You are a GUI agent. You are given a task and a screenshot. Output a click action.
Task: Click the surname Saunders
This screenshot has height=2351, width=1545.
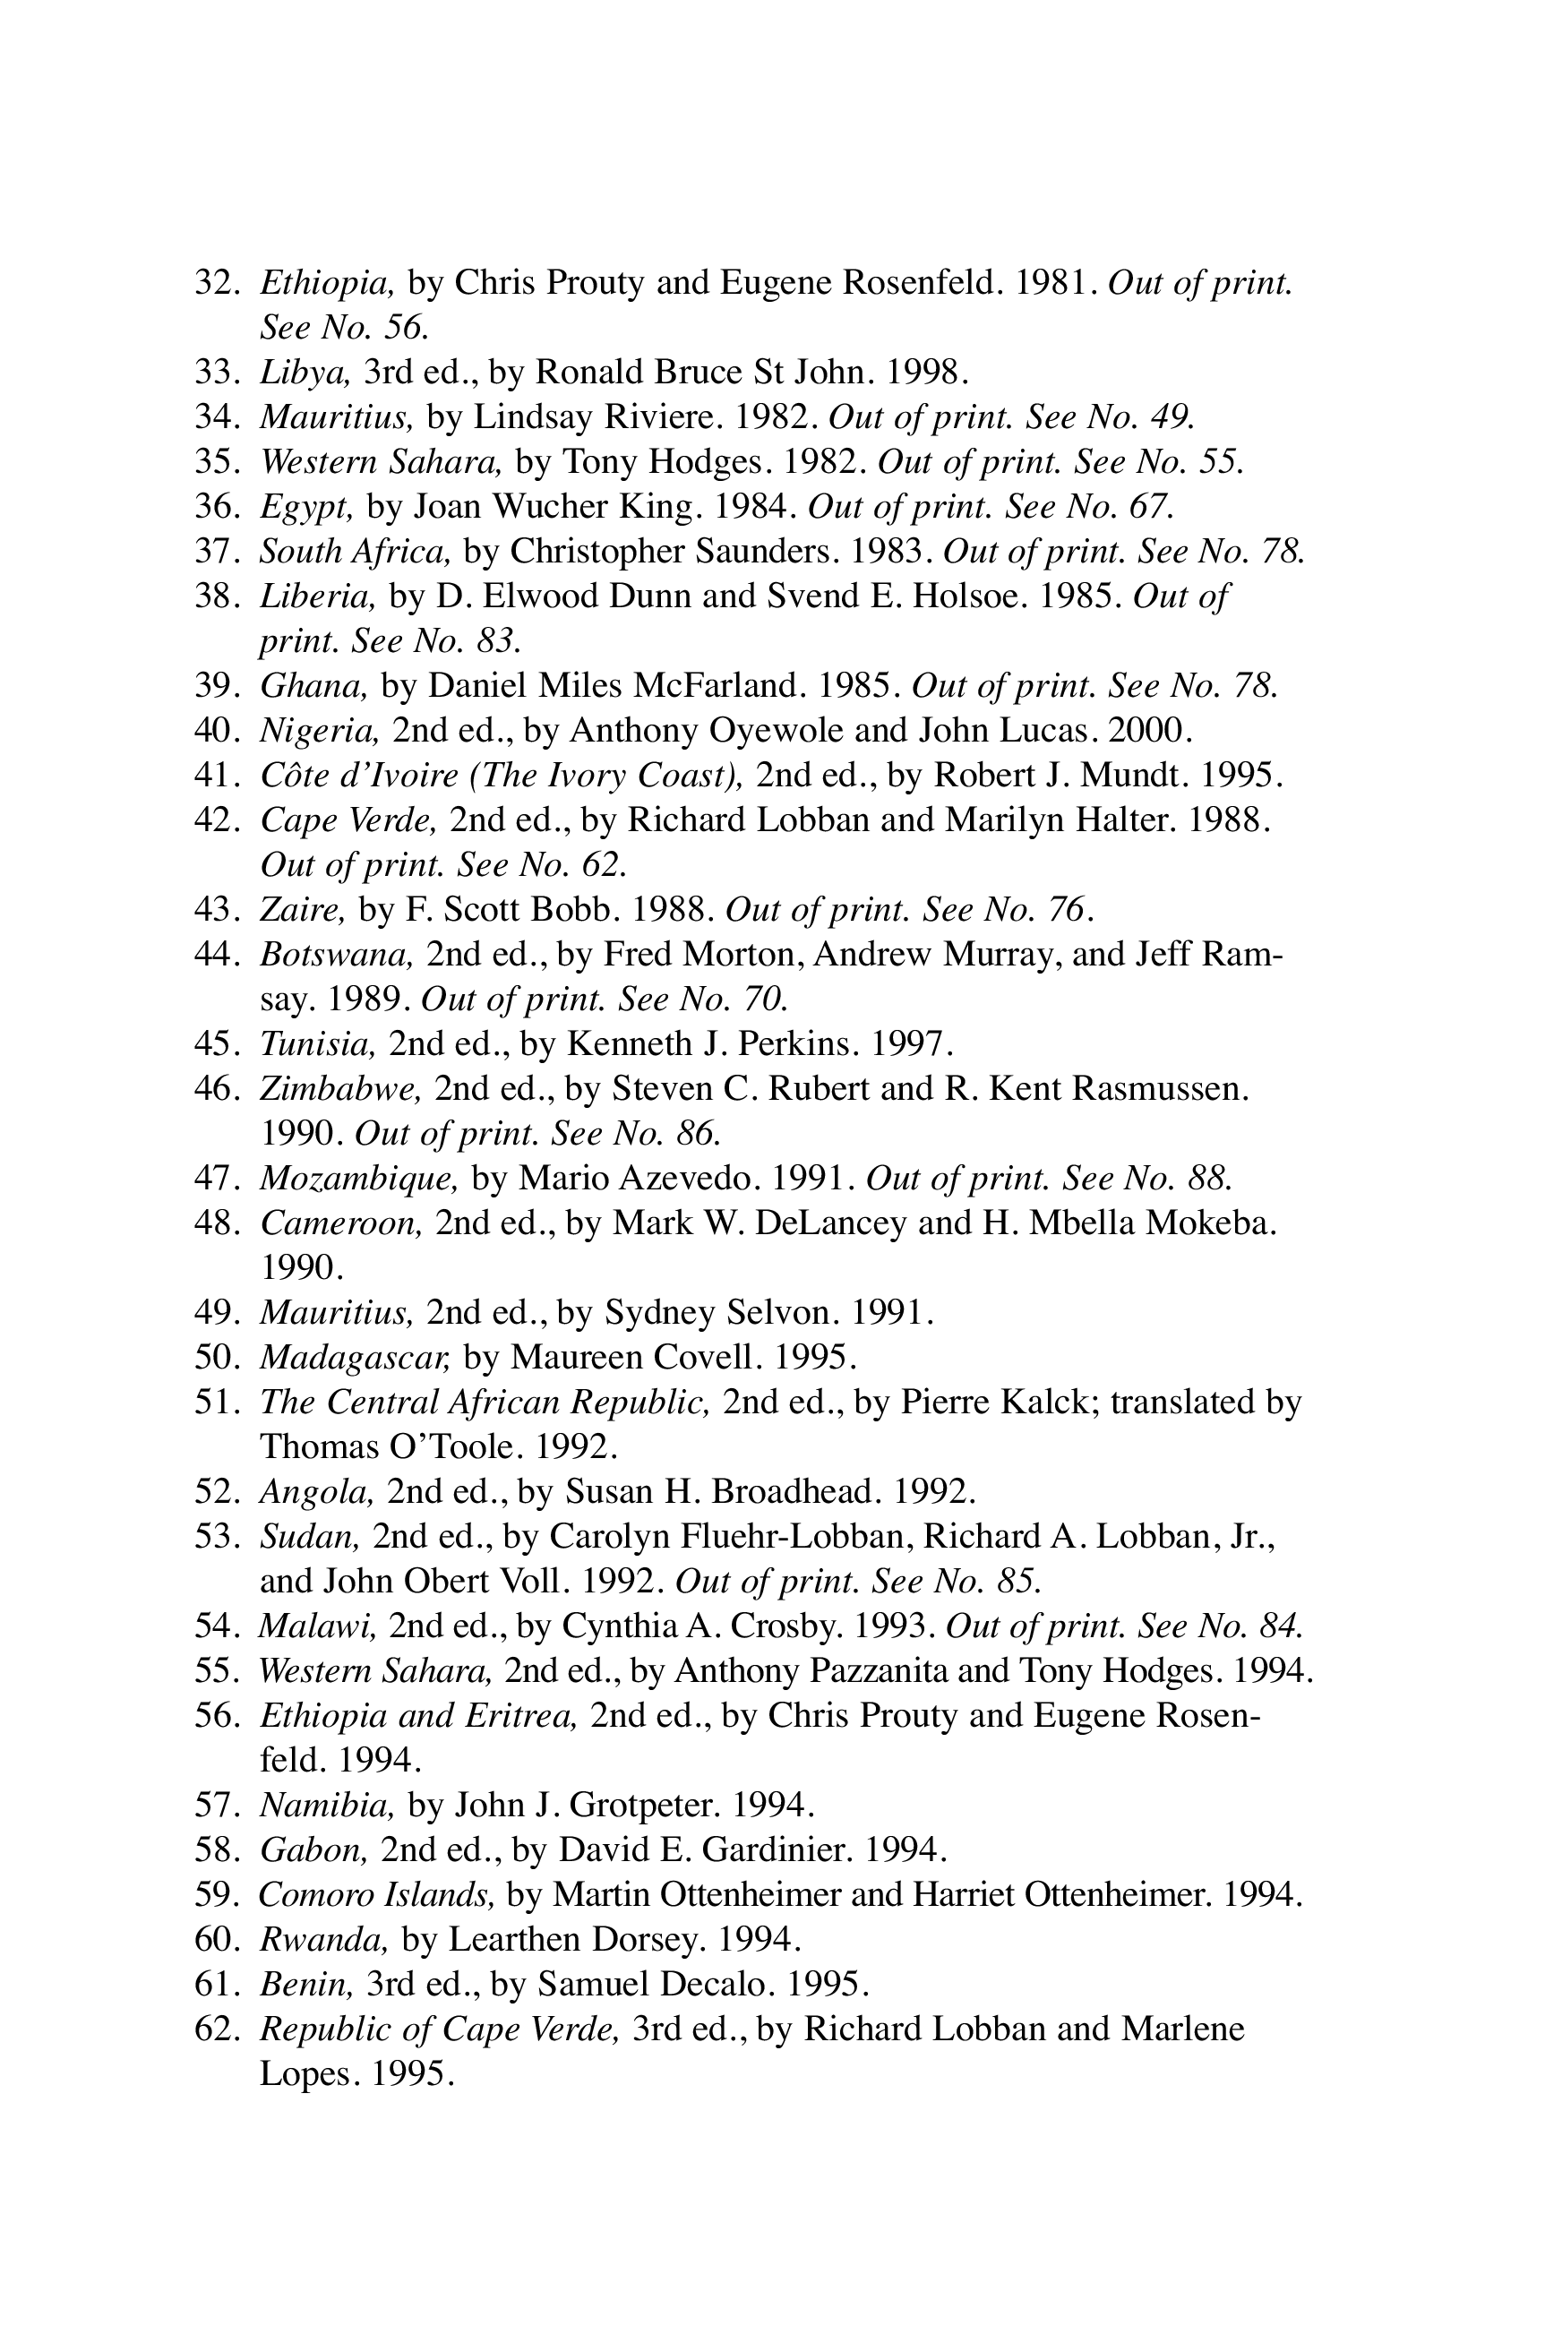pos(751,551)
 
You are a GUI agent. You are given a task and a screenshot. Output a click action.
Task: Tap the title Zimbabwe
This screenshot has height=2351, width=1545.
pos(339,1088)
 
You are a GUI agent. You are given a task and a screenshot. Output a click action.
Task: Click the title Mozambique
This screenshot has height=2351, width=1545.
pos(358,1178)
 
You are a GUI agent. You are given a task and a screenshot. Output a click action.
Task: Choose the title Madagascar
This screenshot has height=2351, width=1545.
pos(355,1357)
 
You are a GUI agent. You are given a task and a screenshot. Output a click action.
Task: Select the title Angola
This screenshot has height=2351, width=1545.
pos(316,1491)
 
